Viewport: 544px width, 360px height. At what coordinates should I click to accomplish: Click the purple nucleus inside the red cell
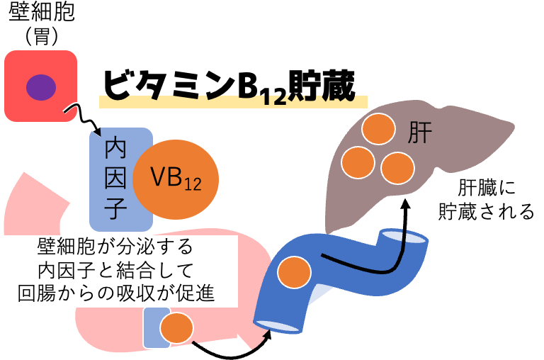point(41,87)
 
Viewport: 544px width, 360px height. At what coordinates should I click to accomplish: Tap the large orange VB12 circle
point(176,179)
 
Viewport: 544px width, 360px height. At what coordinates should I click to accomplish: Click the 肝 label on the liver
point(419,133)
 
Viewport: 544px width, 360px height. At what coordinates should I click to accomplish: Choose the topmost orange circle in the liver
point(378,129)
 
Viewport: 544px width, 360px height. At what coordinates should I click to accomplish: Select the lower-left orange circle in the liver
point(358,162)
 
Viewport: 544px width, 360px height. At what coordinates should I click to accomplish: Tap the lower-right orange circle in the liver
point(397,168)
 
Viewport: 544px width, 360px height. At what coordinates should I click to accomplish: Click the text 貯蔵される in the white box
point(486,211)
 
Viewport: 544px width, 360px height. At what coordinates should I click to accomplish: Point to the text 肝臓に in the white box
point(486,188)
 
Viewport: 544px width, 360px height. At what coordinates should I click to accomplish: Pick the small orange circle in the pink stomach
point(176,328)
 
